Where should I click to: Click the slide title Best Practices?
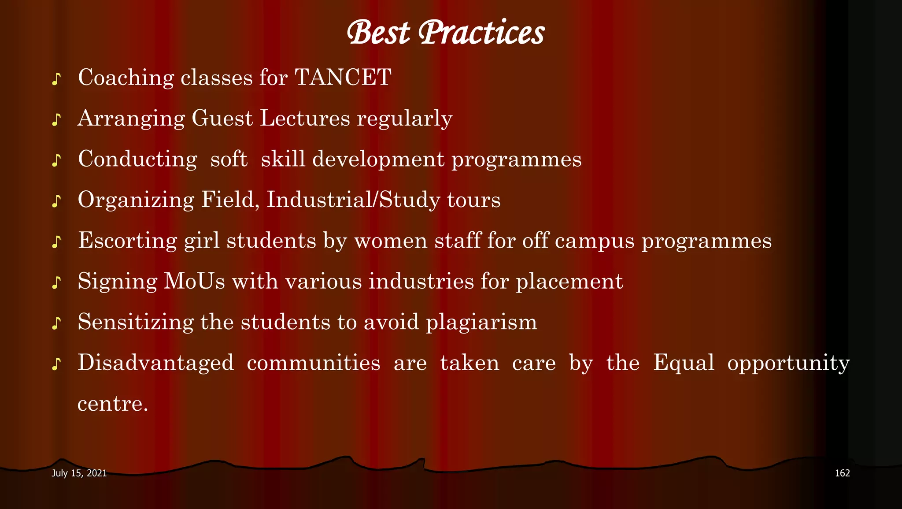(x=445, y=33)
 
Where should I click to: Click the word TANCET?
(x=343, y=78)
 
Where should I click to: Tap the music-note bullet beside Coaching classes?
(x=56, y=79)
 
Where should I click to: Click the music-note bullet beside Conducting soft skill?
(x=56, y=161)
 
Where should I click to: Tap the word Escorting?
(x=127, y=241)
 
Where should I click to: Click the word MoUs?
(x=194, y=281)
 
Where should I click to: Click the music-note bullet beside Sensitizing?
(x=56, y=323)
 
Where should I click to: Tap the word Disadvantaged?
(x=155, y=363)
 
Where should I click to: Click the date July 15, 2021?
(x=79, y=473)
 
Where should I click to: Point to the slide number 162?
(x=842, y=473)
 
